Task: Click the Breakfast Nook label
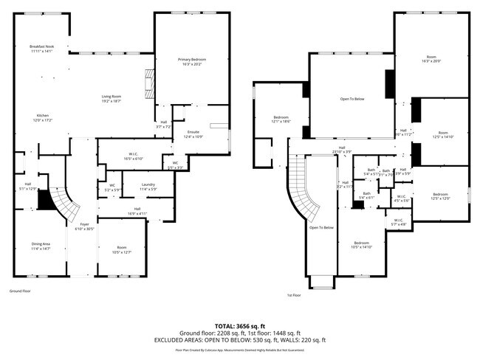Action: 42,49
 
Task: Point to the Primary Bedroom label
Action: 191,61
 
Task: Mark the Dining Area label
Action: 41,246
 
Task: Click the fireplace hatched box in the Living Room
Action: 151,83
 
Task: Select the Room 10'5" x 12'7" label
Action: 120,249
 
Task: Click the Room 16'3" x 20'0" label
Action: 431,59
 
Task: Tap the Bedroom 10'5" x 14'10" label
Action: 360,245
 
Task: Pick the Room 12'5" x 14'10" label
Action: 442,134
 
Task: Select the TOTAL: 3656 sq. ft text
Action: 239,325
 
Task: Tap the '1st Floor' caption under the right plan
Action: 293,294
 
